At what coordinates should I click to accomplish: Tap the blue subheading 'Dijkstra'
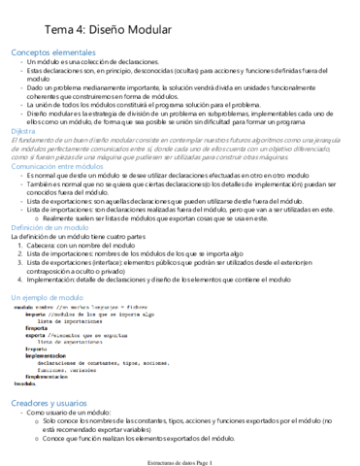tap(24, 129)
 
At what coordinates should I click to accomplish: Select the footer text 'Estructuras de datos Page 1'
tap(180, 460)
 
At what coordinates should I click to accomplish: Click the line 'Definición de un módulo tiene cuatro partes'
tap(78, 236)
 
